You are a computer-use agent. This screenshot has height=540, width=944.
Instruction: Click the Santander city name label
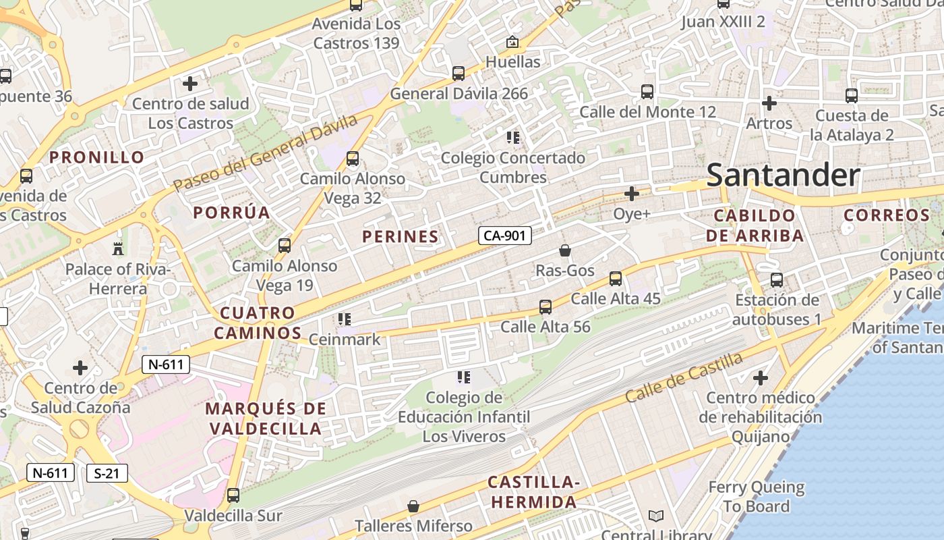[783, 175]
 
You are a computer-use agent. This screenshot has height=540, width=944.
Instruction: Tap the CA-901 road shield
[505, 236]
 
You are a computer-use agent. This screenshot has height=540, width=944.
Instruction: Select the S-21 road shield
[107, 473]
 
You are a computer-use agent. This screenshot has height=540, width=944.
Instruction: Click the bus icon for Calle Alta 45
[615, 278]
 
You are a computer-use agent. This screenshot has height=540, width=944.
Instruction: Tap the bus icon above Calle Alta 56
[545, 307]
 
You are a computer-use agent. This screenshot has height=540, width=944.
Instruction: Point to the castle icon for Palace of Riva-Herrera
[118, 248]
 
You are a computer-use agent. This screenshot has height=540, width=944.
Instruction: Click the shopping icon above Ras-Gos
[565, 250]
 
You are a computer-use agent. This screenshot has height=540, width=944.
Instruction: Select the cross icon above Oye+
[631, 194]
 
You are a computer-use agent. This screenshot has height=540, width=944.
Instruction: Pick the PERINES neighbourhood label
[401, 236]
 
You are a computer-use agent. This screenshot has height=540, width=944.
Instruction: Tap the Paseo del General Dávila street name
[265, 153]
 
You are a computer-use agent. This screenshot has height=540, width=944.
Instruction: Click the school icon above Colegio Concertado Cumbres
[513, 138]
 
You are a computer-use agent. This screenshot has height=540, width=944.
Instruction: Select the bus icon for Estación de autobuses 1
[777, 279]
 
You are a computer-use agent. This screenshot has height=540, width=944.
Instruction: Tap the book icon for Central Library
[656, 516]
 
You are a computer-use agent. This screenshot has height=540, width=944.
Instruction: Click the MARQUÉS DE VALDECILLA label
[266, 418]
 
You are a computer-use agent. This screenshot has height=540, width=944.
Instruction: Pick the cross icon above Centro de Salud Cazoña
[80, 368]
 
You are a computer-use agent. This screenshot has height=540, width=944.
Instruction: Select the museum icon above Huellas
[512, 42]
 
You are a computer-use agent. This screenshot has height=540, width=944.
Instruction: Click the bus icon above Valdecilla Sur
[233, 495]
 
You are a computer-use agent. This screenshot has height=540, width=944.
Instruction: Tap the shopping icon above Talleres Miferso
[413, 506]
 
